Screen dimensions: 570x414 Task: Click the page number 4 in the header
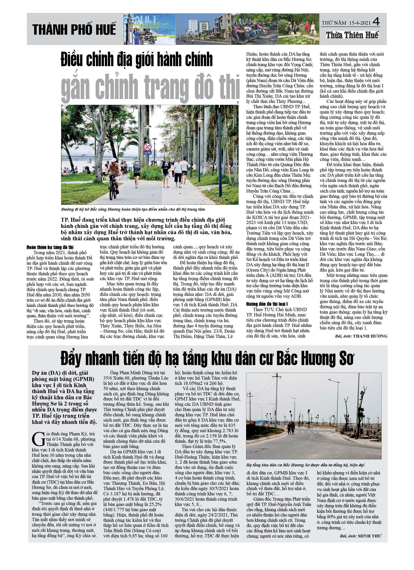pos(376,22)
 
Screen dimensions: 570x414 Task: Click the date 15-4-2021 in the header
pos(360,23)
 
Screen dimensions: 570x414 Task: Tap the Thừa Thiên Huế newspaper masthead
pos(352,35)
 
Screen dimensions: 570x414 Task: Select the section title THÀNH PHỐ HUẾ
pos(74,29)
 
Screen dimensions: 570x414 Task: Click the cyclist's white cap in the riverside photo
pos(113,160)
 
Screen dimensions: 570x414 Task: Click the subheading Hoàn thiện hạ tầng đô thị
pos(50,247)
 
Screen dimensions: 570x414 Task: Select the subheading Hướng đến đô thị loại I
pos(267,304)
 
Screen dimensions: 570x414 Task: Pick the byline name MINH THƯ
pos(369,536)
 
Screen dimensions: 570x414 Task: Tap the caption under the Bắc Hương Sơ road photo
pos(305,465)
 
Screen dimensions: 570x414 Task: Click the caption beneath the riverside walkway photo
pos(133,209)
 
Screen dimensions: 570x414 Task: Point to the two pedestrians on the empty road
pos(291,428)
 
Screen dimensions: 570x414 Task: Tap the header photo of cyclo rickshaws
pos(254,29)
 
